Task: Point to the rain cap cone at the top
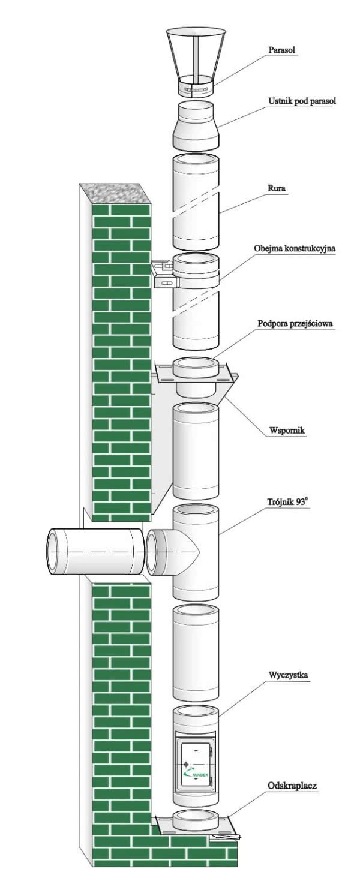(x=196, y=54)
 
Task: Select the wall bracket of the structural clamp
(x=163, y=275)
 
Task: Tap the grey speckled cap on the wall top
(x=115, y=194)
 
